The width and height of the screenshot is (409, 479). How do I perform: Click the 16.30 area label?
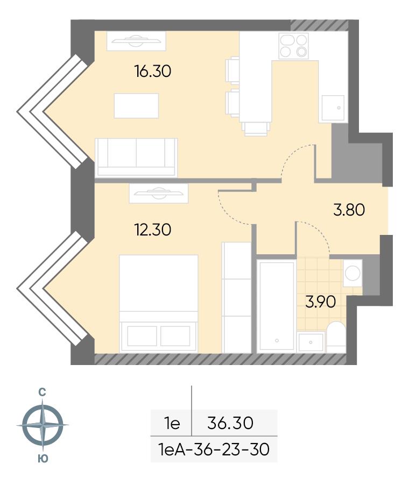point(153,71)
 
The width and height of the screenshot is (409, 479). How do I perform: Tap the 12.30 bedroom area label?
point(153,230)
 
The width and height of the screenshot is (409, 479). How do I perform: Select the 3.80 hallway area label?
point(349,210)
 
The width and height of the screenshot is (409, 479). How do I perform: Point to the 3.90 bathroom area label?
point(321,302)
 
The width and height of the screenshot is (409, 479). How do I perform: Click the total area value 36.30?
point(230,423)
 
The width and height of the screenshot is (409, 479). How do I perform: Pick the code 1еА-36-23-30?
point(214,449)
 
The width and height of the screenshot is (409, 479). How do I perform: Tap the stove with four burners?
point(293,46)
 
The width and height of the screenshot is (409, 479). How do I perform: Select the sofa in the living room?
point(136,158)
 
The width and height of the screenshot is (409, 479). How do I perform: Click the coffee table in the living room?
point(137,106)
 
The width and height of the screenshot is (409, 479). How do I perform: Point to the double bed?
point(158,304)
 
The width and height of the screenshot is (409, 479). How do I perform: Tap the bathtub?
point(276,306)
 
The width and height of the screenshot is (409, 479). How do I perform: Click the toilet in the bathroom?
point(336,337)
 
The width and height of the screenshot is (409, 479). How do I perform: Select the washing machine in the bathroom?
point(352,273)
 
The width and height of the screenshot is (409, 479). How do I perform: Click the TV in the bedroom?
point(158,193)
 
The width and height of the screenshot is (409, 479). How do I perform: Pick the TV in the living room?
point(136,41)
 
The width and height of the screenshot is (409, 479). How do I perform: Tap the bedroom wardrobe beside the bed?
point(236,297)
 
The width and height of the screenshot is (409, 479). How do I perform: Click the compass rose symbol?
point(43,425)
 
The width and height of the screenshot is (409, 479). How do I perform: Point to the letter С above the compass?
point(42,392)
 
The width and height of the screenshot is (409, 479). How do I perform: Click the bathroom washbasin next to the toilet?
point(311,342)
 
